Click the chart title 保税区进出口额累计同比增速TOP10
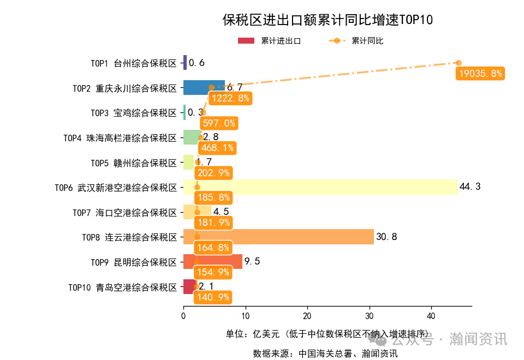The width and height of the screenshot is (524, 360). pyautogui.click(x=327, y=20)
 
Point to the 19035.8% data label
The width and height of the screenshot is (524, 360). pyautogui.click(x=480, y=74)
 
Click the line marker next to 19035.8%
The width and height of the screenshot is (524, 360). pyautogui.click(x=458, y=63)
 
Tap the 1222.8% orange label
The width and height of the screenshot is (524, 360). pyautogui.click(x=229, y=98)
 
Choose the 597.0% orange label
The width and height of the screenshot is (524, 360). pyautogui.click(x=219, y=123)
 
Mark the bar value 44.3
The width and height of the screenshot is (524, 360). pyautogui.click(x=470, y=187)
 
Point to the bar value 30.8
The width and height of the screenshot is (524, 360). pyautogui.click(x=386, y=237)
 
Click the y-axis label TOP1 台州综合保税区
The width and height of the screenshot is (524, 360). pyautogui.click(x=134, y=63)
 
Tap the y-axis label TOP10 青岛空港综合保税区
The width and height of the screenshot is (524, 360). pyautogui.click(x=123, y=287)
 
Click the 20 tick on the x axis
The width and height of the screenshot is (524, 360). pyautogui.click(x=307, y=316)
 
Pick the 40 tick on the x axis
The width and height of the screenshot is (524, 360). pyautogui.click(x=431, y=316)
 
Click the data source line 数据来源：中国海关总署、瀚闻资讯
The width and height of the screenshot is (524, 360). pyautogui.click(x=325, y=353)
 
